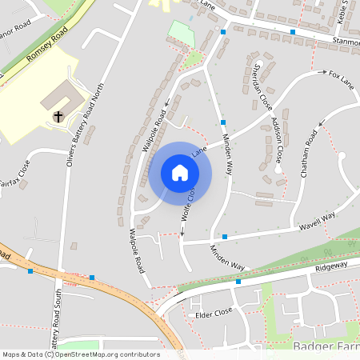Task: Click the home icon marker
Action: (x=180, y=172)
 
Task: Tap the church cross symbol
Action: (x=58, y=117)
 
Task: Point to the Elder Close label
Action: (x=214, y=313)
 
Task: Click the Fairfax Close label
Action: (x=17, y=173)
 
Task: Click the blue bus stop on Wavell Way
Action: (x=225, y=236)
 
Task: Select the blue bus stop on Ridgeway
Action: (x=238, y=282)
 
